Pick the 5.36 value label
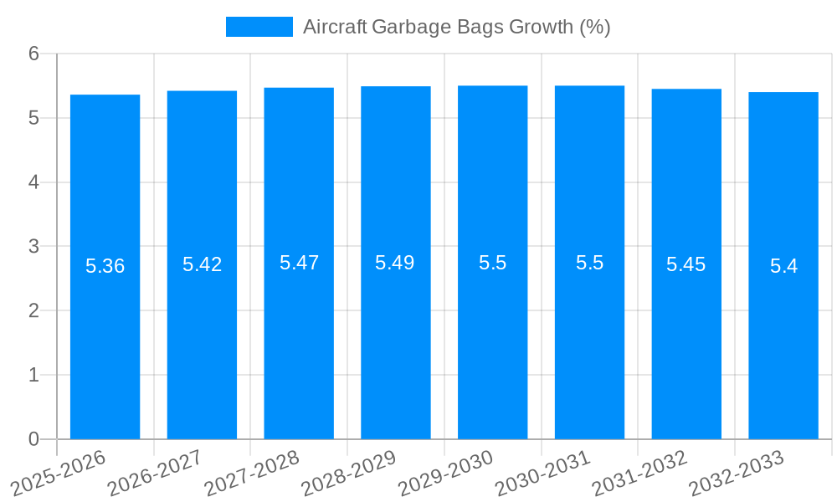pyautogui.click(x=105, y=266)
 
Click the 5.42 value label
pyautogui.click(x=203, y=264)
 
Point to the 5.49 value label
pyautogui.click(x=395, y=263)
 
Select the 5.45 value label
pyautogui.click(x=686, y=264)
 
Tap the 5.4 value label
pyautogui.click(x=783, y=266)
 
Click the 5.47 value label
pyautogui.click(x=299, y=263)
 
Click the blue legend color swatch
pyautogui.click(x=259, y=27)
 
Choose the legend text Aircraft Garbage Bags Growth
pyautogui.click(x=456, y=27)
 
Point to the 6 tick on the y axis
pyautogui.click(x=34, y=54)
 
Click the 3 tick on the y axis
pyautogui.click(x=34, y=247)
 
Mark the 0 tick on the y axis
pyautogui.click(x=34, y=439)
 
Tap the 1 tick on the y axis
pyautogui.click(x=34, y=375)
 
